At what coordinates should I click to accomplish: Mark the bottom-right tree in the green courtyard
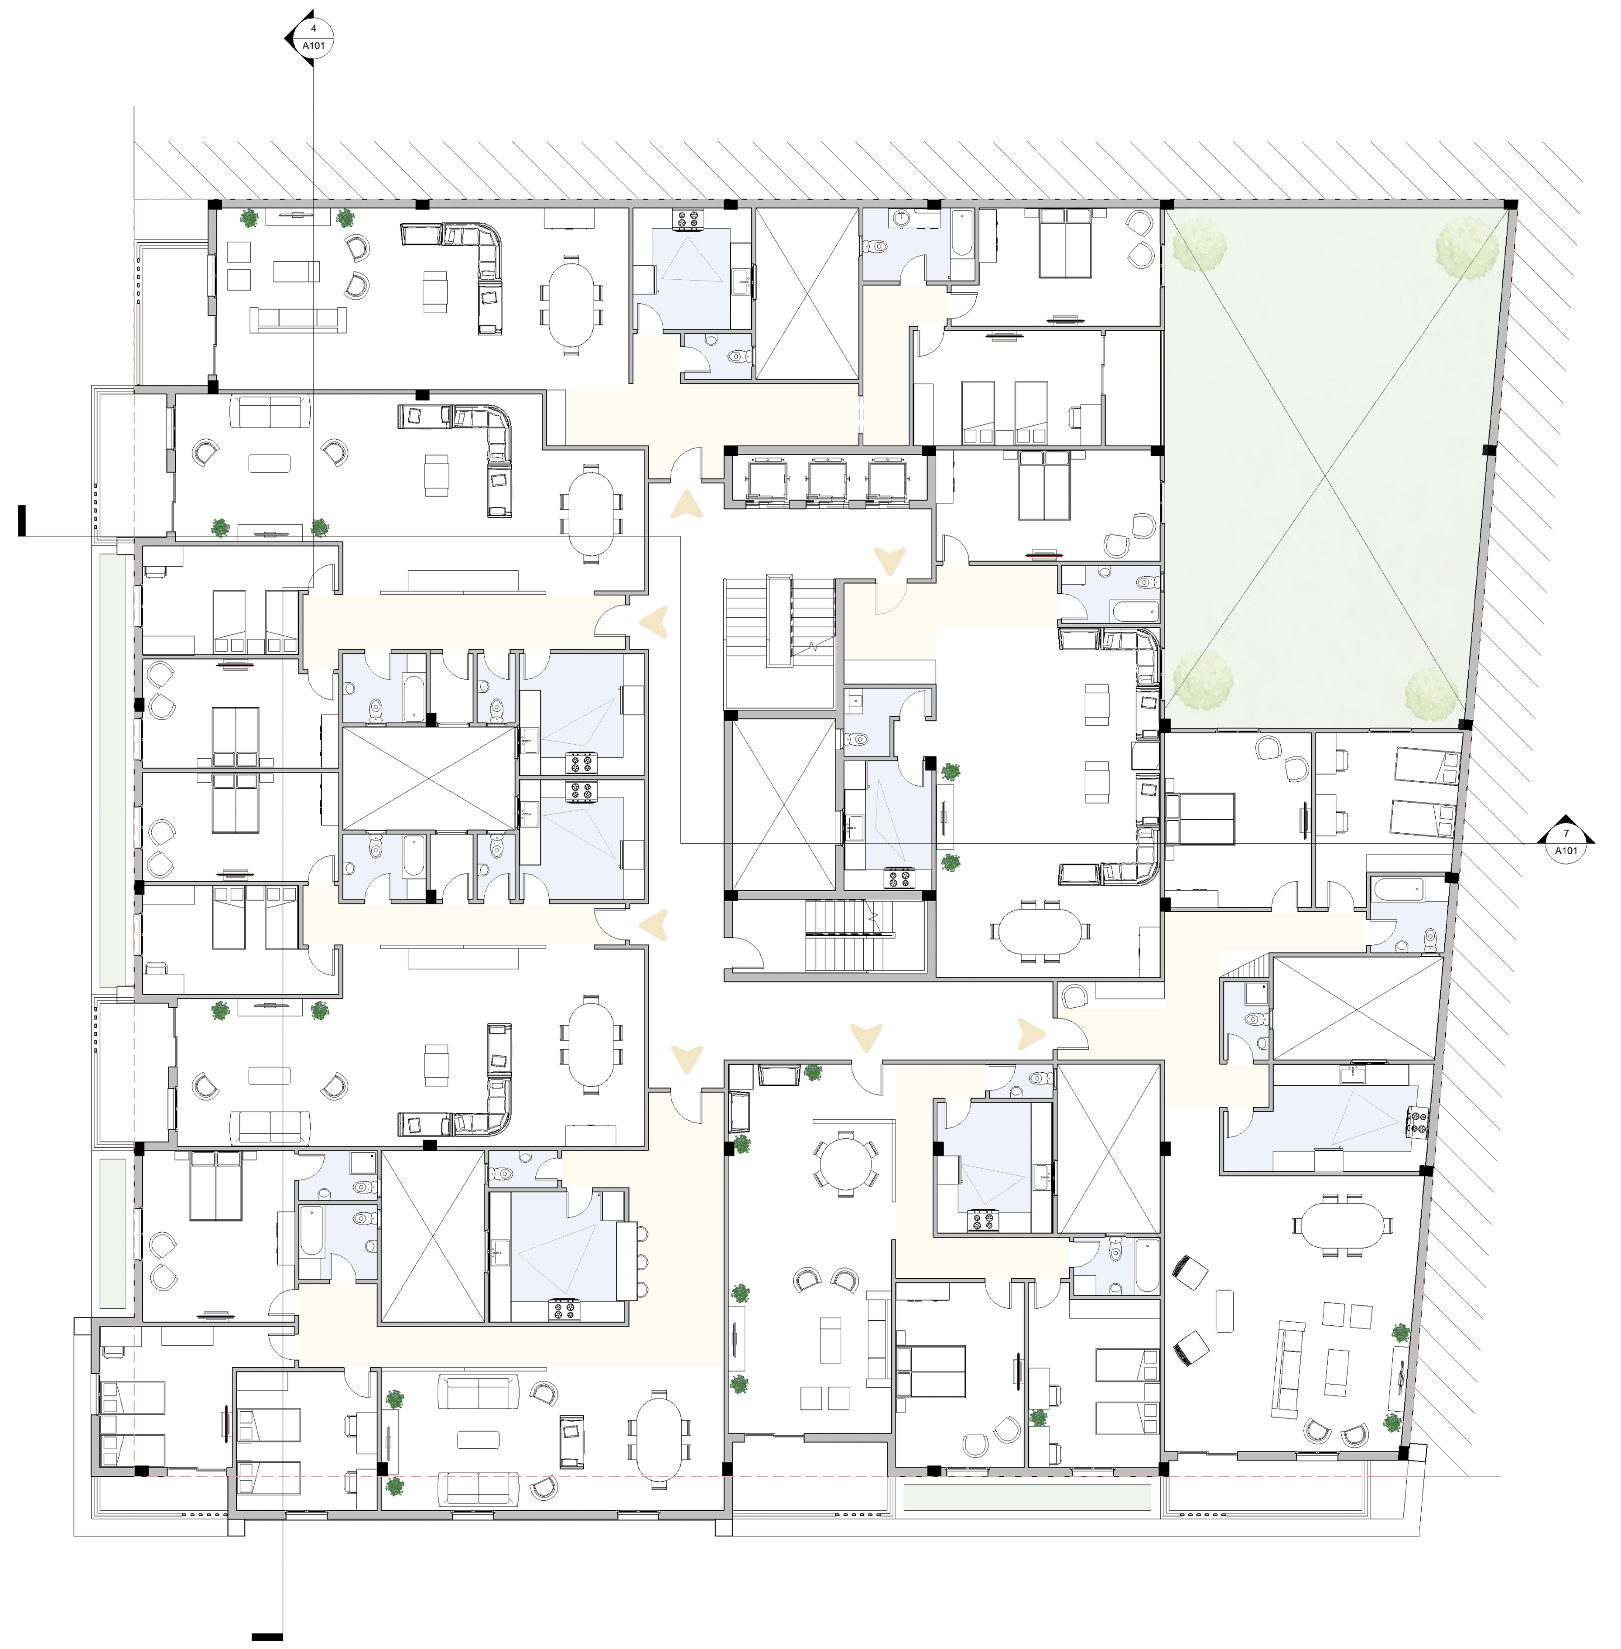pyautogui.click(x=1432, y=693)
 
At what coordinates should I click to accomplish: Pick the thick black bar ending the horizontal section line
pyautogui.click(x=21, y=520)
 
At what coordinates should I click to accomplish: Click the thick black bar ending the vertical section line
pyautogui.click(x=267, y=1636)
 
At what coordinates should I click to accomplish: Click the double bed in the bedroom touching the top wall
pyautogui.click(x=1065, y=243)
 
